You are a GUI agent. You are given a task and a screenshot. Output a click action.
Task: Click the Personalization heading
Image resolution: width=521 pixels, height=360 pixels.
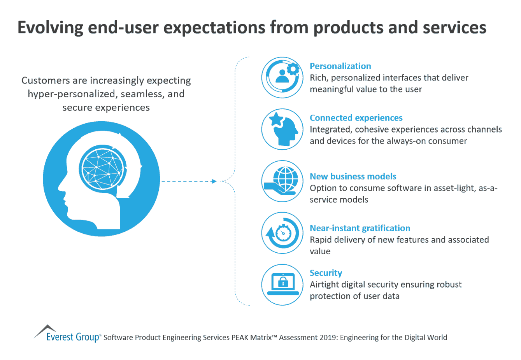coord(340,66)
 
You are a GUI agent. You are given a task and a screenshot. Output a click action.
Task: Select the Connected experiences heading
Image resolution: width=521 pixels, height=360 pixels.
coord(356,118)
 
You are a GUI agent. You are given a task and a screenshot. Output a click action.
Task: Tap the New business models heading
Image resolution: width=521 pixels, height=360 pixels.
coord(353,177)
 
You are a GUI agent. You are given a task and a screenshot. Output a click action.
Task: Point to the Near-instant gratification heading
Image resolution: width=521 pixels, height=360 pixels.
coord(360,228)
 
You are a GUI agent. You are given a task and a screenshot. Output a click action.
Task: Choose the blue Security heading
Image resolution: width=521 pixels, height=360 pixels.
coord(326,273)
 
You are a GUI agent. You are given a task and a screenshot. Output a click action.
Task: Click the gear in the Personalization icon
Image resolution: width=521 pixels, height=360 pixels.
coord(293,69)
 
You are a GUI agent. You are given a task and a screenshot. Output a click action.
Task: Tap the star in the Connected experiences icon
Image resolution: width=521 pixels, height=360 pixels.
coord(276,119)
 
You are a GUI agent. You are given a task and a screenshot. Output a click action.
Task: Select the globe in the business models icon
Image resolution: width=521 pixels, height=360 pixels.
coord(286,178)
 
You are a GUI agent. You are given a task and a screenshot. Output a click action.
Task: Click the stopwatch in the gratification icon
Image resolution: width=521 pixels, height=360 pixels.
coord(283,234)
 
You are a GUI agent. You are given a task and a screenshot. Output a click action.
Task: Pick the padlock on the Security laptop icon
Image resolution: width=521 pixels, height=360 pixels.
coord(283,281)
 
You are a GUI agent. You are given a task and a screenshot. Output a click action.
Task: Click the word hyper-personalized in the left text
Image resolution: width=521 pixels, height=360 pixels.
coord(71,94)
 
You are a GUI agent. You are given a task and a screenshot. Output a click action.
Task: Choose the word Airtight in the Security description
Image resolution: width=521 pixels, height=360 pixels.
coord(325,285)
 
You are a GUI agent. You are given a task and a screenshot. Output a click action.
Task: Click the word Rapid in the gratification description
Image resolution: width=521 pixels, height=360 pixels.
coord(321,240)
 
